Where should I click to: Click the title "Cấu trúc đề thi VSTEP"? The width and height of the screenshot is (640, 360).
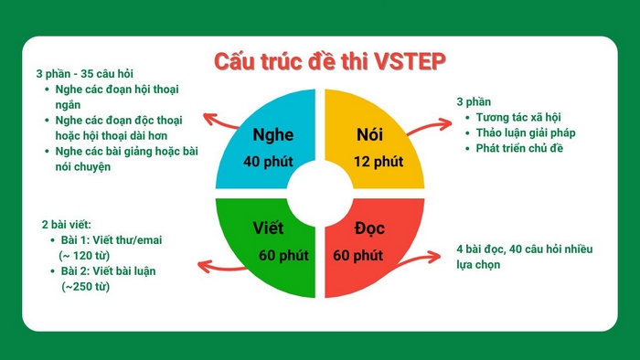click(319, 62)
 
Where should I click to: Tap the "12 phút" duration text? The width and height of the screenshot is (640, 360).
click(378, 163)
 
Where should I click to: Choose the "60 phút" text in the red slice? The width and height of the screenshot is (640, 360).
click(357, 254)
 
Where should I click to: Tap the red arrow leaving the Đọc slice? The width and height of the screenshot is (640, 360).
click(425, 259)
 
